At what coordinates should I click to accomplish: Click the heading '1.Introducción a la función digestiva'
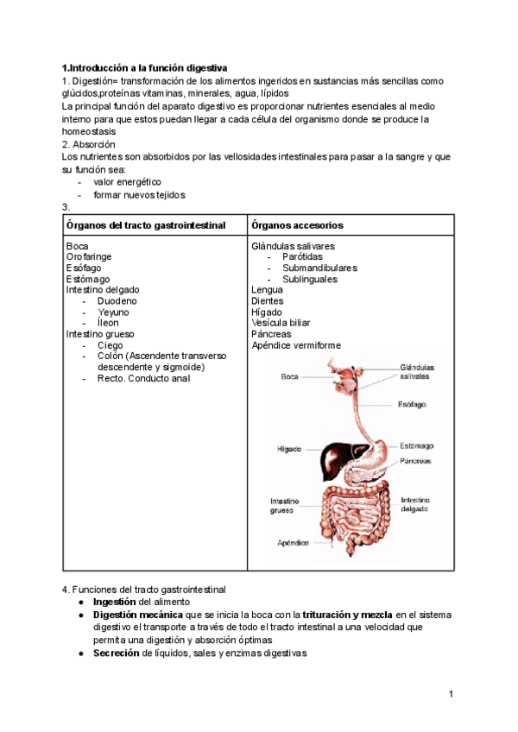tap(145, 67)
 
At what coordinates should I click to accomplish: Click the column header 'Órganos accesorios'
tap(297, 225)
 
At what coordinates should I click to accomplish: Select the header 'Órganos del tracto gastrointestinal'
tap(146, 225)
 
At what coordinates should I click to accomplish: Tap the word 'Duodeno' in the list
tap(117, 301)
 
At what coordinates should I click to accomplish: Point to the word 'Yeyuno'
tap(113, 312)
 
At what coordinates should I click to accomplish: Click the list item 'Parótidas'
tap(302, 257)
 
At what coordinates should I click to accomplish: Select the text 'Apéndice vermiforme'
tap(295, 345)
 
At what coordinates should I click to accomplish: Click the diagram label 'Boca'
tap(290, 376)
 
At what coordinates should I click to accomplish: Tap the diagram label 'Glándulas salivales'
tap(416, 372)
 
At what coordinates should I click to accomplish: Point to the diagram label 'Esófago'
tap(412, 404)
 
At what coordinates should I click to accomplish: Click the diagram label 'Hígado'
tap(289, 450)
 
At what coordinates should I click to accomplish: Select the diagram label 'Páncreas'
tap(415, 461)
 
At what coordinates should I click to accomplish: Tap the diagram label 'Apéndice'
tap(293, 543)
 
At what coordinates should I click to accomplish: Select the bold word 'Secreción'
tap(116, 653)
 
